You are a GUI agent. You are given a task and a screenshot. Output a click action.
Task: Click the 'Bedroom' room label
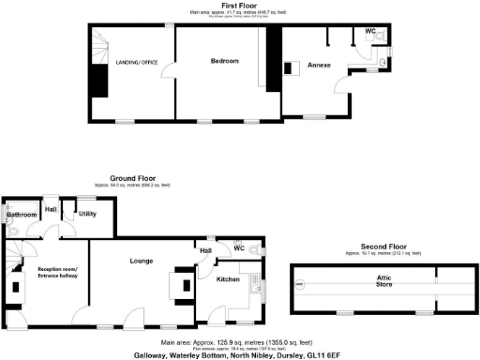[224, 61]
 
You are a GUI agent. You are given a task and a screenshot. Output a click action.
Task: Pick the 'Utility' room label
[88, 214]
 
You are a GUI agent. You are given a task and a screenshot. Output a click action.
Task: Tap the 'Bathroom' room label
[22, 215]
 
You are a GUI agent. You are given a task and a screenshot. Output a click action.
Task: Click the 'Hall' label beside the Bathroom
[51, 208]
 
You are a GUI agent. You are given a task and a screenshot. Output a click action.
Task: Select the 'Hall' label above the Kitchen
[204, 250]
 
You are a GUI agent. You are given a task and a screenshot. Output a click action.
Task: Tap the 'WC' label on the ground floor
[239, 247]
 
